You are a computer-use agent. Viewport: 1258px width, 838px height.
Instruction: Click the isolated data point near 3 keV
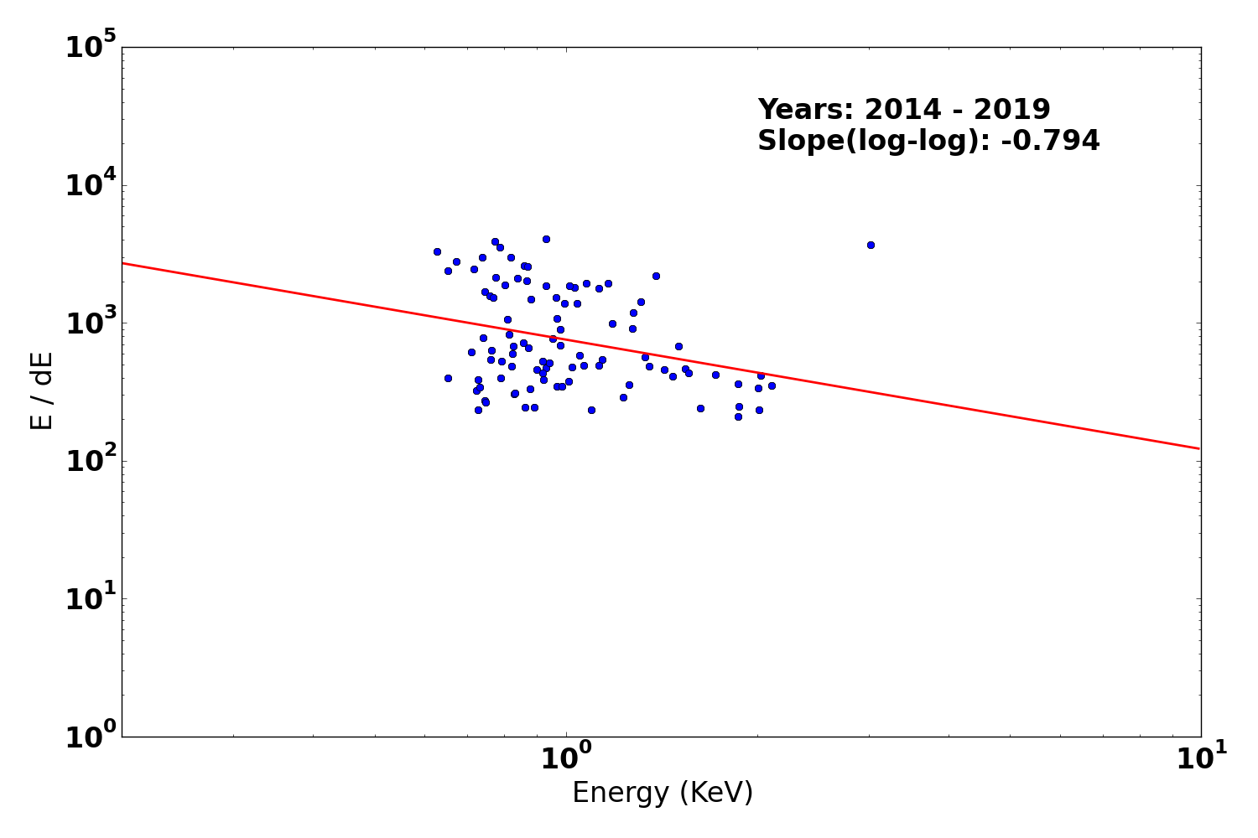[871, 245]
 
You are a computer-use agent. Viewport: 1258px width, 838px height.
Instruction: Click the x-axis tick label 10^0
[566, 759]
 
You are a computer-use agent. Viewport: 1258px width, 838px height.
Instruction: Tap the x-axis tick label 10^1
[1200, 759]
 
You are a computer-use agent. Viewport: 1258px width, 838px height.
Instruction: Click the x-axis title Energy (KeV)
[663, 793]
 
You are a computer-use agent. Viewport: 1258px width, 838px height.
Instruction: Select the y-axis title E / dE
[42, 391]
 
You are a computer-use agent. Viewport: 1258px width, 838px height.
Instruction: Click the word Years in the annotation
[805, 110]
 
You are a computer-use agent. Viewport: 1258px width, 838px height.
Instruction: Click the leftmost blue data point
[437, 251]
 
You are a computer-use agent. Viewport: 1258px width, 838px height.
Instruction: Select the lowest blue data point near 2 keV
[738, 416]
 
